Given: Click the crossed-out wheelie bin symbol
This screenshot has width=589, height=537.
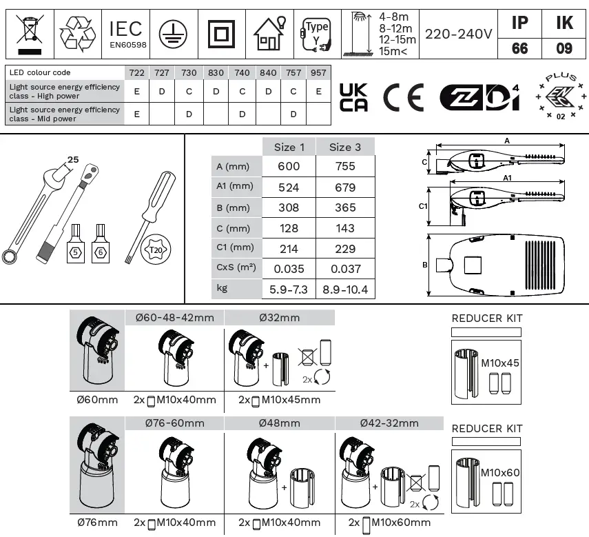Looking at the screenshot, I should click(x=28, y=33).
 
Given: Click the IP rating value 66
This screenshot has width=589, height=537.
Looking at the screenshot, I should click(x=520, y=49).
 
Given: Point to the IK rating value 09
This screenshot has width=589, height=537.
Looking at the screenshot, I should click(x=564, y=49).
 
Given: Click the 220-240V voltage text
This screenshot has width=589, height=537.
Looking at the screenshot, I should click(x=458, y=34).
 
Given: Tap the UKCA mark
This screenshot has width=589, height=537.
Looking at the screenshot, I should click(x=354, y=97).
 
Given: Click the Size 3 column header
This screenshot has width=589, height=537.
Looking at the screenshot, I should click(x=345, y=147).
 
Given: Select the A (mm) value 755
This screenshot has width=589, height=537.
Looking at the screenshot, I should click(x=345, y=166).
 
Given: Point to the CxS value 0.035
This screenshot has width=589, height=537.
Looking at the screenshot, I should click(x=289, y=269).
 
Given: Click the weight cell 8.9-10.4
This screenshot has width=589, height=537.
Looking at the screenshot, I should click(x=345, y=290).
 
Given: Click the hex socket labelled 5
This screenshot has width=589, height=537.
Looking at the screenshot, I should click(x=75, y=253).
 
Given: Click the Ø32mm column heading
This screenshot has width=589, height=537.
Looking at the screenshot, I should click(x=280, y=318).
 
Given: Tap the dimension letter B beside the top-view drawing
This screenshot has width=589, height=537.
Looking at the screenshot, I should click(x=425, y=265).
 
